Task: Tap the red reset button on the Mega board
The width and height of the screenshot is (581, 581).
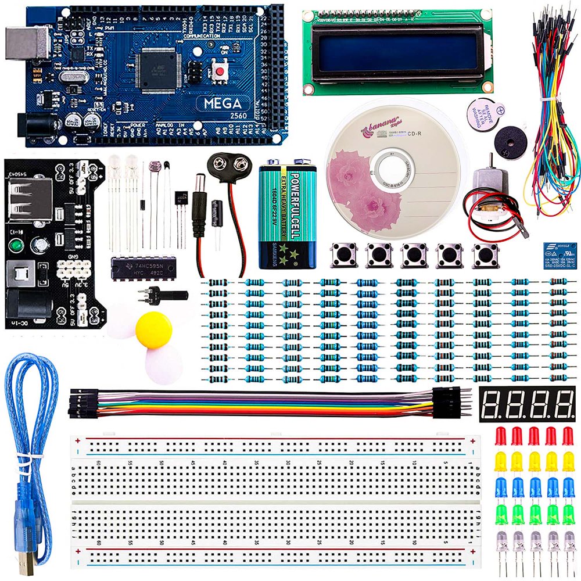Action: [x=220, y=71]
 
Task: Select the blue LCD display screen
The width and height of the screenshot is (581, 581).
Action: [x=394, y=52]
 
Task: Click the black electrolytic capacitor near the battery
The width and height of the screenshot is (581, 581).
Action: [x=218, y=214]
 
